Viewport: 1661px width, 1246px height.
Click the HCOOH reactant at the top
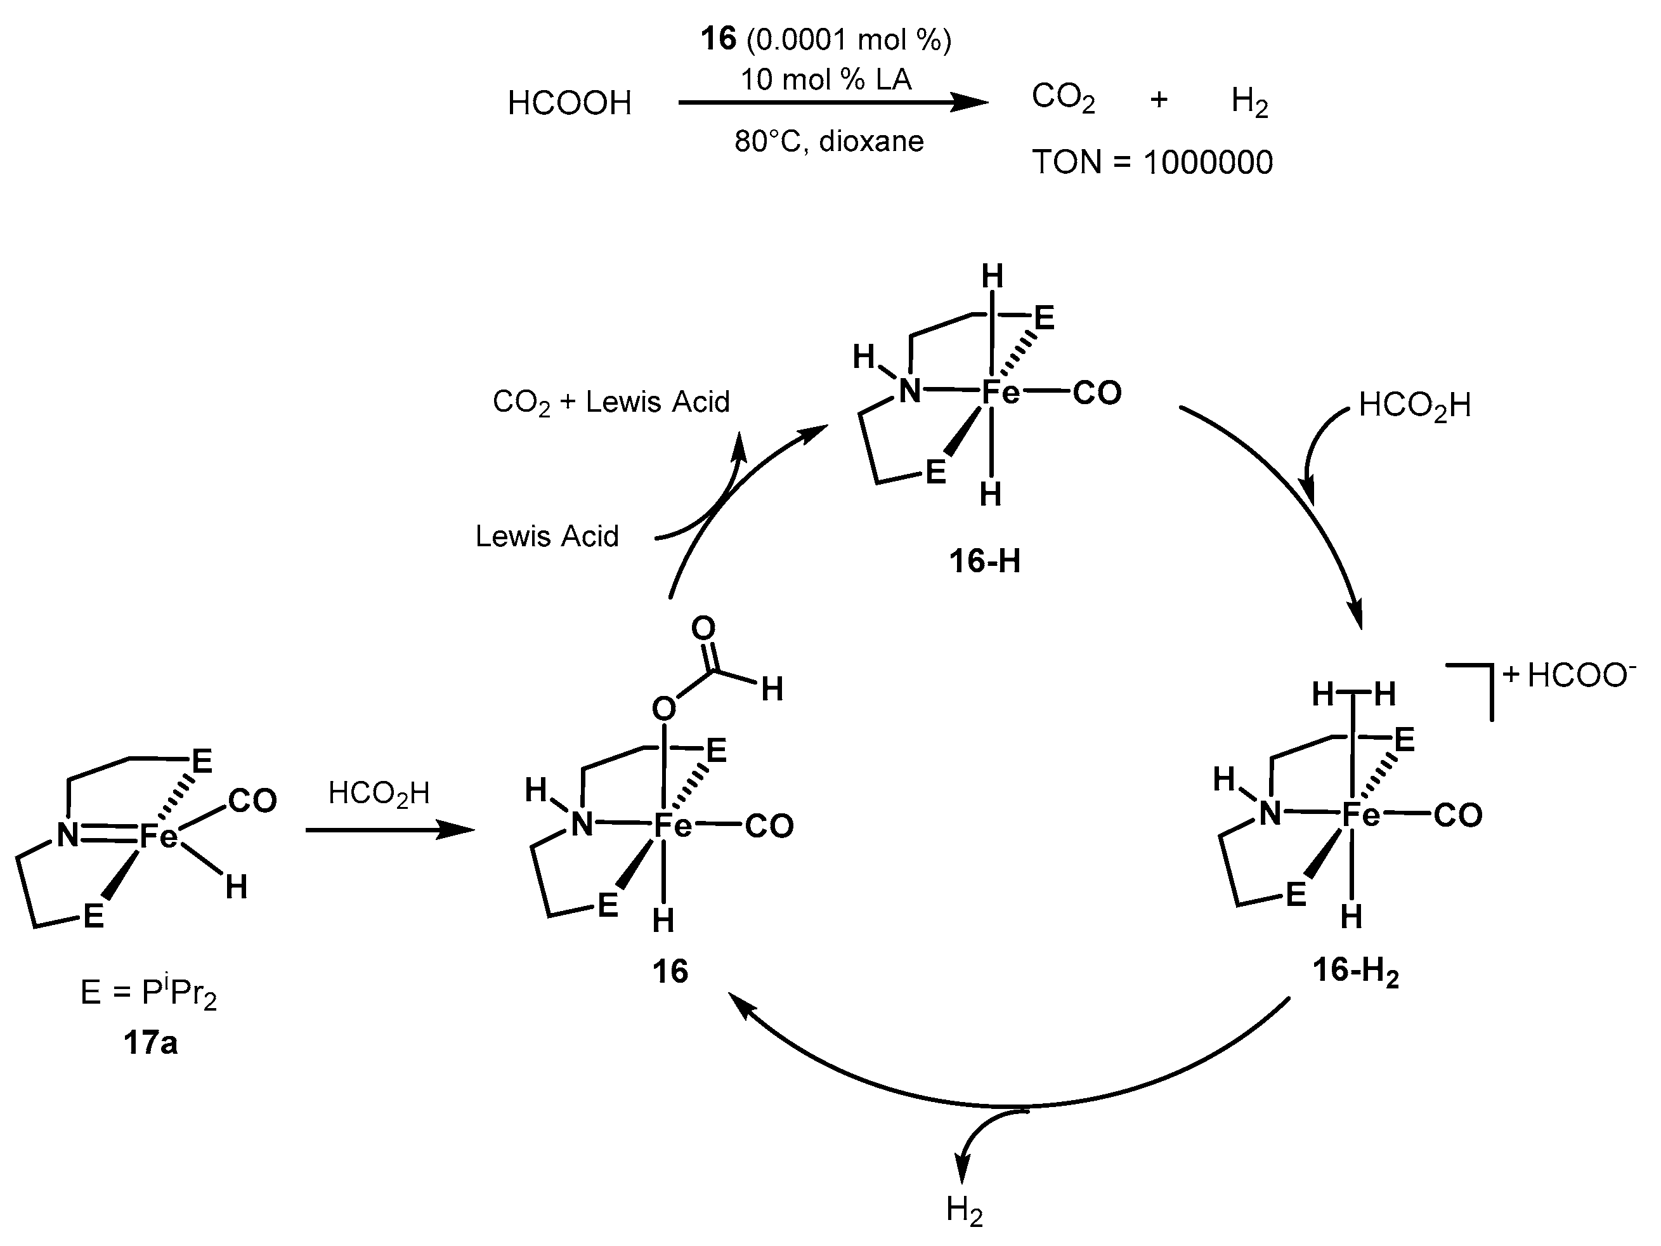coord(569,103)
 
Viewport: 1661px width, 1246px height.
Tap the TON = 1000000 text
coord(1152,162)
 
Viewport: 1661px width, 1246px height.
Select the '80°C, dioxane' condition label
coord(829,141)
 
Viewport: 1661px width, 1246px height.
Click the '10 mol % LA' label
coord(826,79)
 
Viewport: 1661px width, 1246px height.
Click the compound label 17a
coord(150,1043)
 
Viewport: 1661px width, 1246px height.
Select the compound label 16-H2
coord(1355,971)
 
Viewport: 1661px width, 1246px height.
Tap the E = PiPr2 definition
coord(148,993)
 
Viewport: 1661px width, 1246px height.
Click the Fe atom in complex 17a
coord(159,835)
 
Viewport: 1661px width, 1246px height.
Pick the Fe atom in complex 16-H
coord(1001,391)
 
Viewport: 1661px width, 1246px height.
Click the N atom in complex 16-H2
coord(1270,814)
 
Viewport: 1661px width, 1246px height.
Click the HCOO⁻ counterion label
coord(1580,676)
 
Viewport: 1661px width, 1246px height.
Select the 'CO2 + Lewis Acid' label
coord(611,403)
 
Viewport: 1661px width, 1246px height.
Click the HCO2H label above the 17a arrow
coord(379,794)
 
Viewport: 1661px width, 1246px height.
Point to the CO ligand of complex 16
coord(769,826)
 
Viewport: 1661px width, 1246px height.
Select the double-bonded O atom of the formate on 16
coord(703,628)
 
